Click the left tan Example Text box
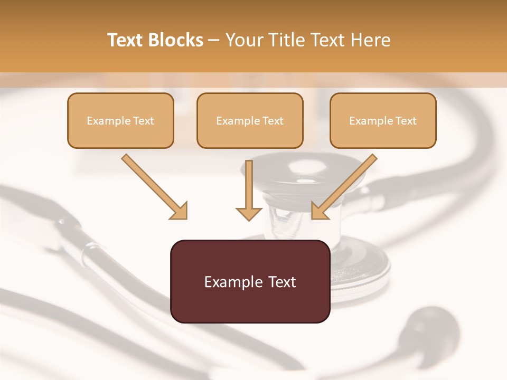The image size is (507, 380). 120,121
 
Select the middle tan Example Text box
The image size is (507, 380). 250,121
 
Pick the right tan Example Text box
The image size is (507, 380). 383,121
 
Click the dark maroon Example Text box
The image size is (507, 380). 250,281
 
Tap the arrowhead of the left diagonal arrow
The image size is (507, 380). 180,211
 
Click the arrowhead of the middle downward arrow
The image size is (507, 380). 249,213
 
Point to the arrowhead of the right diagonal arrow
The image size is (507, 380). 319,211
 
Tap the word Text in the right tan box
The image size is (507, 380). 406,121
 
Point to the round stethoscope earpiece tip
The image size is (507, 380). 433,324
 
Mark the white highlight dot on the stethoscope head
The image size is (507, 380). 307,181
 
